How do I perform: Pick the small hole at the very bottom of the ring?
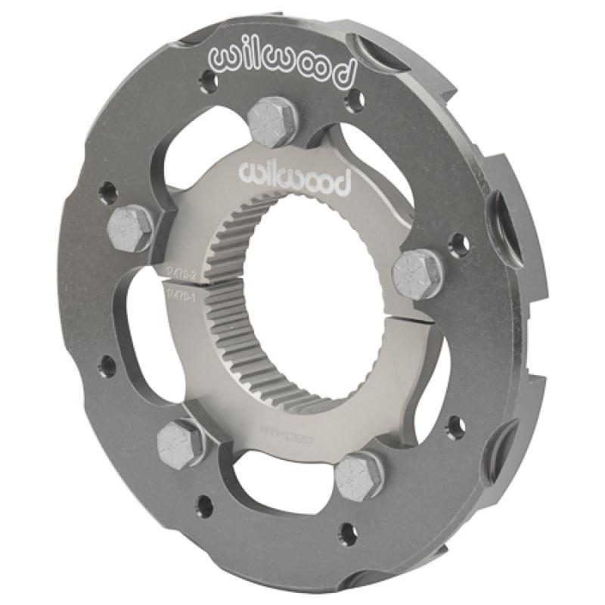tap(347, 534)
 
